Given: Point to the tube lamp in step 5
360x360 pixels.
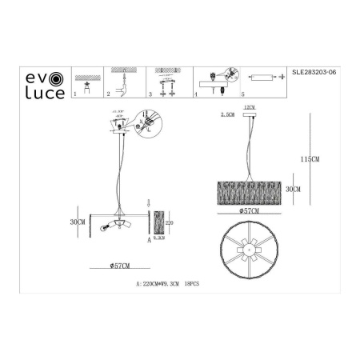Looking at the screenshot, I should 262,78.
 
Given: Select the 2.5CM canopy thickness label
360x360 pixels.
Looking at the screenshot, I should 226,115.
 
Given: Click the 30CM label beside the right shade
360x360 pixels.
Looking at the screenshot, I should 293,190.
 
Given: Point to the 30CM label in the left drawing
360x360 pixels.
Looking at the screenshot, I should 77,222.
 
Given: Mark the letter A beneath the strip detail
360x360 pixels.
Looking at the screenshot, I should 150,238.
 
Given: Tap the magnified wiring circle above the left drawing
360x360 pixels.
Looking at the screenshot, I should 150,122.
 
